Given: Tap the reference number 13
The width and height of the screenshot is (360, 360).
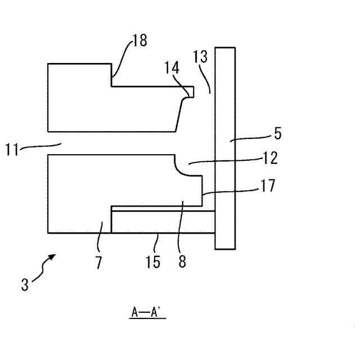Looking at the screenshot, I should [x=200, y=56].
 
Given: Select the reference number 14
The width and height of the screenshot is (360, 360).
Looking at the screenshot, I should [x=172, y=68].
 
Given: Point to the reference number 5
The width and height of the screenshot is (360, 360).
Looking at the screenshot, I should [x=278, y=134].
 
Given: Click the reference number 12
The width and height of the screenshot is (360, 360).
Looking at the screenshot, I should [x=271, y=158].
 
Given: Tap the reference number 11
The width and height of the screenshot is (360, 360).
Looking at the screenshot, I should [x=13, y=149].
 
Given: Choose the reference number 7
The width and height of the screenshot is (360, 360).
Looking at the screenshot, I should [x=98, y=262].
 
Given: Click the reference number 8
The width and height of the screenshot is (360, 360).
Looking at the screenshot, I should [x=183, y=262].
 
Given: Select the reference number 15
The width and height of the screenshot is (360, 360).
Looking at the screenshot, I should [x=152, y=262].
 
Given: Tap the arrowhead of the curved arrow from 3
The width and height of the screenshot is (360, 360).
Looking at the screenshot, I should [x=53, y=256].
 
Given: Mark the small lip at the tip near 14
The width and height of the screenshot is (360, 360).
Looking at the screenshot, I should [x=190, y=91].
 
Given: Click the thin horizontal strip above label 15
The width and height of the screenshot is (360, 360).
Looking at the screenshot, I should [x=163, y=222].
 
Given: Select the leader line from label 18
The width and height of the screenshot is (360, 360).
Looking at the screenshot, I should [x=123, y=55].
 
